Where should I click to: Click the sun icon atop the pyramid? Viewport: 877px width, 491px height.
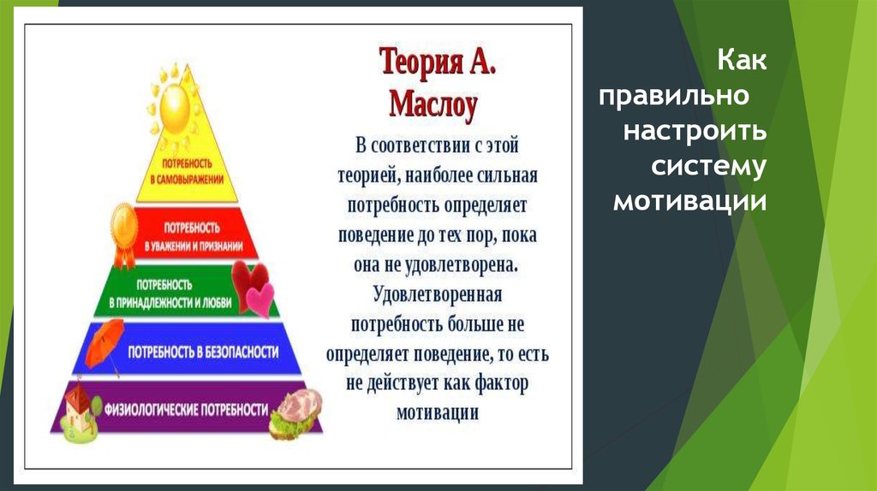click(x=173, y=106)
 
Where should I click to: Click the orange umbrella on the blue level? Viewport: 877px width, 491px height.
click(x=104, y=345)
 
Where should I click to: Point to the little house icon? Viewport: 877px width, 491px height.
click(x=78, y=411)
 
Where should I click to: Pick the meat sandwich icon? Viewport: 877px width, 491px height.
click(x=295, y=413)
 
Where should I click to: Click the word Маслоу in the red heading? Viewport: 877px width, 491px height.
click(x=433, y=104)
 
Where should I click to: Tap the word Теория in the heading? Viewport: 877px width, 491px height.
click(x=421, y=61)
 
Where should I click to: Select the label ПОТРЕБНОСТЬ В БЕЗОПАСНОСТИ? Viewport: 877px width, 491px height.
click(x=203, y=352)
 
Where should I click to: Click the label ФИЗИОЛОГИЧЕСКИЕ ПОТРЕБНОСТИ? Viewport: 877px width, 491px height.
click(x=186, y=410)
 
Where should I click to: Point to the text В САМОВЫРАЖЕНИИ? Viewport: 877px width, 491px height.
click(x=187, y=180)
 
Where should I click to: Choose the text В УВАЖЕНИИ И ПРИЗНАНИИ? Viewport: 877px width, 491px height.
click(x=194, y=245)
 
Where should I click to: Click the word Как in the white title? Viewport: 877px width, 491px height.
click(x=741, y=60)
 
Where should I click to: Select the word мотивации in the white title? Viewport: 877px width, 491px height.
click(x=689, y=201)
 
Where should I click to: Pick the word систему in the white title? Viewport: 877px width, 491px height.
click(x=708, y=167)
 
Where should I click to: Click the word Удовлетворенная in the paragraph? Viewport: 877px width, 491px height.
click(x=438, y=294)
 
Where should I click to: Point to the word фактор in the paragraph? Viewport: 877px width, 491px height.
click(x=501, y=384)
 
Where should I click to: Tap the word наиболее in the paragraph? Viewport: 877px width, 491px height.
click(x=438, y=175)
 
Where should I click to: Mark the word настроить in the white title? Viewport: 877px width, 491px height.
click(x=695, y=132)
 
